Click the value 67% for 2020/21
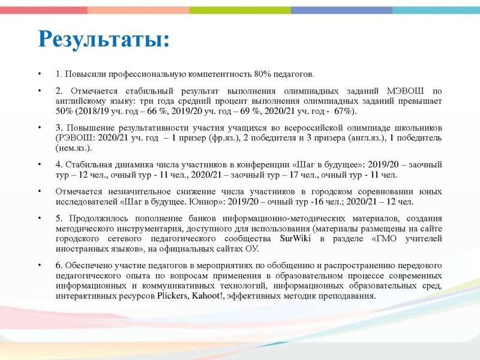[x=343, y=112]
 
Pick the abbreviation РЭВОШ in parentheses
[x=74, y=137]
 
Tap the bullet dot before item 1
[x=38, y=74]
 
